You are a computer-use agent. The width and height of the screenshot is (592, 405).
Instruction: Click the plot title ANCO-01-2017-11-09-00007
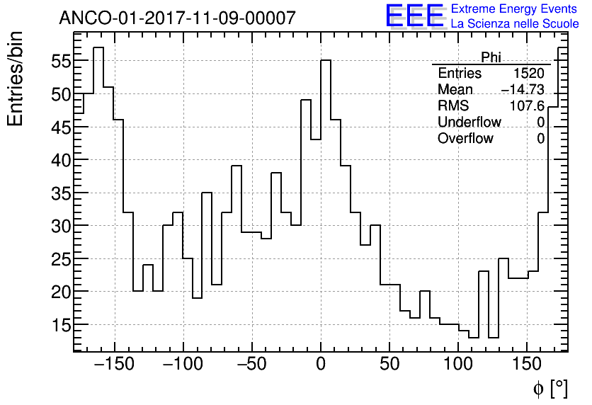pyautogui.click(x=177, y=18)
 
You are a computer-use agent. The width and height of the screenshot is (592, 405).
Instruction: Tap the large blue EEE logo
pyautogui.click(x=414, y=16)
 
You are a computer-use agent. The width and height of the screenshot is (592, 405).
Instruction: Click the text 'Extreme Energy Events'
pyautogui.click(x=514, y=9)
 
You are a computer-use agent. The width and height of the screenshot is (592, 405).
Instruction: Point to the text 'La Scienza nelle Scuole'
pyautogui.click(x=514, y=24)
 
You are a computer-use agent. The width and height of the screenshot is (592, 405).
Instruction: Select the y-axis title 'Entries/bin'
pyautogui.click(x=16, y=79)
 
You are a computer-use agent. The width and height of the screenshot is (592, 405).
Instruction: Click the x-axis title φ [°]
pyautogui.click(x=550, y=389)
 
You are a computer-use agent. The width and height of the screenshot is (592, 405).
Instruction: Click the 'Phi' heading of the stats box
pyautogui.click(x=491, y=57)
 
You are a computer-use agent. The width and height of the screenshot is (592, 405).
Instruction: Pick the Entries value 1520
pyautogui.click(x=529, y=74)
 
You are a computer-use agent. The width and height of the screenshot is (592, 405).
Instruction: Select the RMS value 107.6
pyautogui.click(x=527, y=106)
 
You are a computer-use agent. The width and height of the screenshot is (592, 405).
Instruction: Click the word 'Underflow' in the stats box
pyautogui.click(x=469, y=122)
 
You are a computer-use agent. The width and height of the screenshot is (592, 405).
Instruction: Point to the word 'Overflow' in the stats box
pyautogui.click(x=465, y=139)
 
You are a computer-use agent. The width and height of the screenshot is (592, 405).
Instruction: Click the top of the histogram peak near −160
pyautogui.click(x=98, y=47)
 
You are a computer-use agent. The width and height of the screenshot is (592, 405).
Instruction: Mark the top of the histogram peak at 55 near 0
pyautogui.click(x=326, y=60)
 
